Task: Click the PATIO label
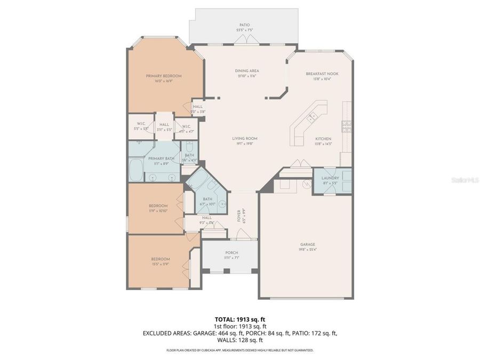click(x=245, y=25)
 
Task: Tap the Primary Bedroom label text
click(x=164, y=76)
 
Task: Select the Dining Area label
click(x=247, y=70)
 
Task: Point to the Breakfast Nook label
click(x=322, y=74)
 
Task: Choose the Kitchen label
click(x=323, y=139)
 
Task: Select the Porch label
click(x=231, y=253)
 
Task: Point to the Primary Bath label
click(x=161, y=158)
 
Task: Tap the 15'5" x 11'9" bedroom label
click(x=161, y=259)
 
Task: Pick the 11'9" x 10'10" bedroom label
click(x=158, y=206)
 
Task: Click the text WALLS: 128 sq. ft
click(x=240, y=340)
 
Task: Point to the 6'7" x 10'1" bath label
click(x=207, y=199)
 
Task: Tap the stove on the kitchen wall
click(x=347, y=126)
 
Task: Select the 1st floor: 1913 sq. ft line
click(x=240, y=326)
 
